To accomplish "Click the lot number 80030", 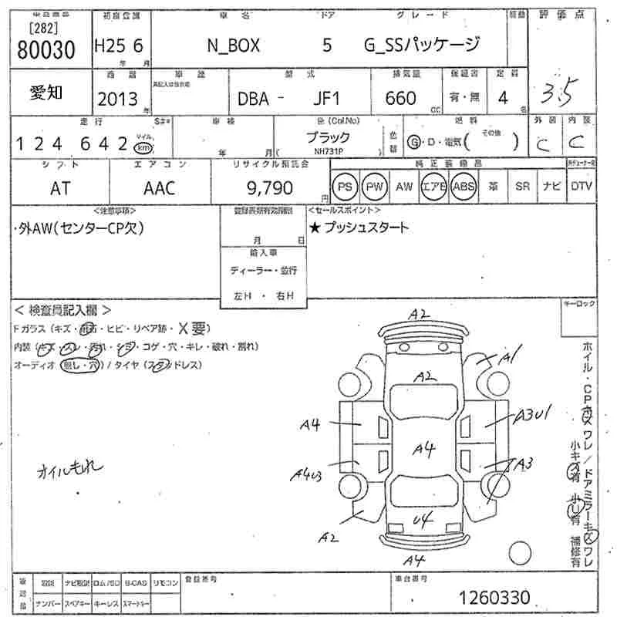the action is point(46,51).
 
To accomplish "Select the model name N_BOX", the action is point(234,46).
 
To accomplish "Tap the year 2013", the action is point(117,99).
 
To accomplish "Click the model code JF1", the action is point(328,99).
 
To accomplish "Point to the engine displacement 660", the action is point(400,98).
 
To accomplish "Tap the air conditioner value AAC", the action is point(160,187).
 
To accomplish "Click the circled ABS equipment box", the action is point(464,187).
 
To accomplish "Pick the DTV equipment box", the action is point(581,187).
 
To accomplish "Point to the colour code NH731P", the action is point(329,152).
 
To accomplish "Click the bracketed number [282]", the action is point(45,28).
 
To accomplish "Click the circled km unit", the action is point(142,147).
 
